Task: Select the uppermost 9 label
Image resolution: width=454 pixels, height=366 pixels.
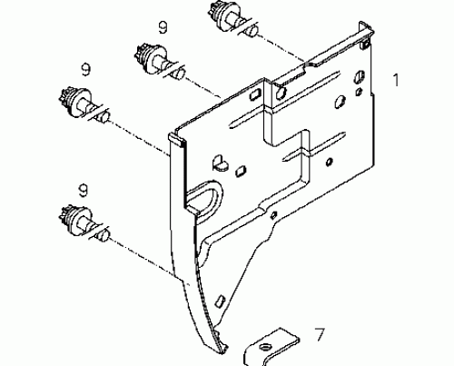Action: [x=162, y=27]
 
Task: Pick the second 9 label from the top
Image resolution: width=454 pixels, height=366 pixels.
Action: [x=85, y=68]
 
